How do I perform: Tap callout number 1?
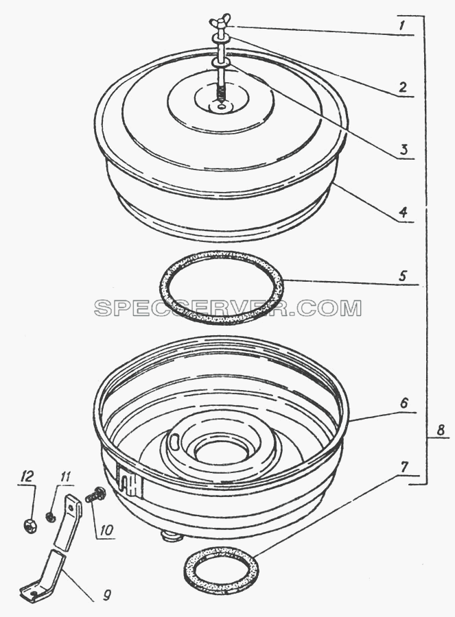(401, 26)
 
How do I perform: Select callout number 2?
(402, 87)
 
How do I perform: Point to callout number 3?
(403, 149)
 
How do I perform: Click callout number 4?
(402, 213)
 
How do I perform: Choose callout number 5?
(403, 276)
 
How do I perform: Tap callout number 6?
(404, 403)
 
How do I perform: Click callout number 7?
(404, 467)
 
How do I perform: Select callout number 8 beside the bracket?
(441, 430)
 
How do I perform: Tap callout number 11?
(65, 477)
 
